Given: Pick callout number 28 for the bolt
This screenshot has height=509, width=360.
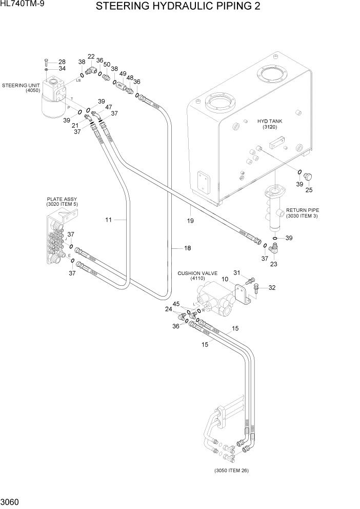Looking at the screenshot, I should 62,62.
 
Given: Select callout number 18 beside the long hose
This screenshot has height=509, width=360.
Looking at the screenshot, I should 187,248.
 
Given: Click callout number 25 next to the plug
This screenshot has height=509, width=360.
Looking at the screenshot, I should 309,190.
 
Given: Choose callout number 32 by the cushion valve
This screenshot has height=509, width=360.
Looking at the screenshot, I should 272,287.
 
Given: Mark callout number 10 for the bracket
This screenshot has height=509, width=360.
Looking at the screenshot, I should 225,279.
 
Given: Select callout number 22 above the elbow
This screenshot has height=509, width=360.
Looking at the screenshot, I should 91,56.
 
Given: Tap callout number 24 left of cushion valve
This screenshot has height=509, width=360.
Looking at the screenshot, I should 168,309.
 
